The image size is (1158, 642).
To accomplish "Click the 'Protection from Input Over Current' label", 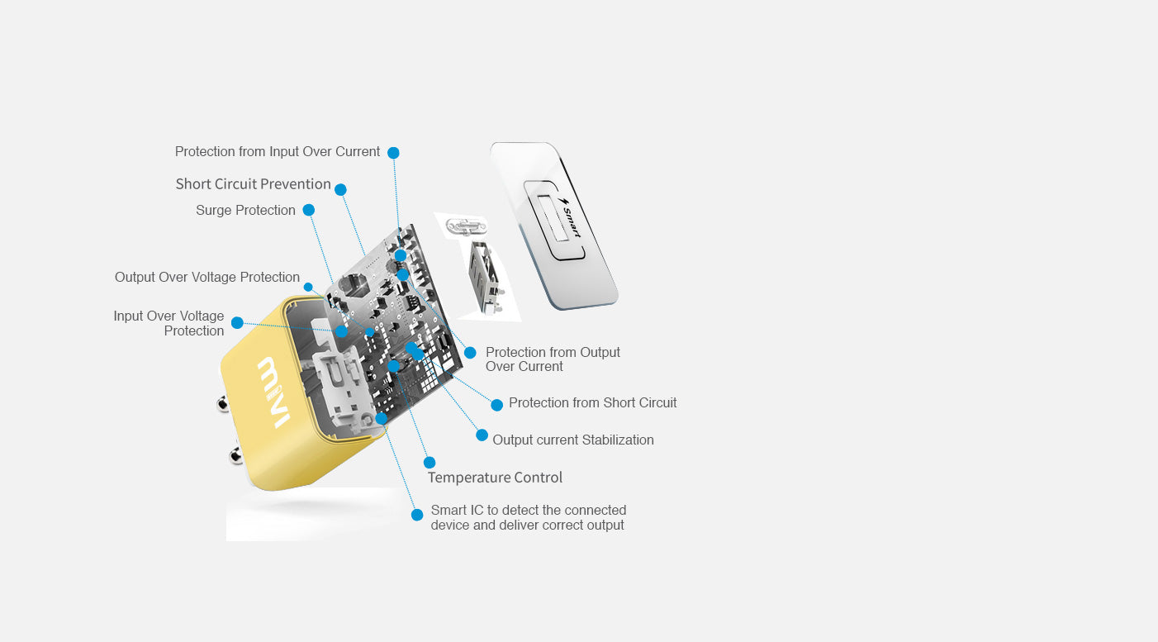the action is click(x=277, y=151).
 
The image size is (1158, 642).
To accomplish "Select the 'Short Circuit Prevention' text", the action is click(x=254, y=184).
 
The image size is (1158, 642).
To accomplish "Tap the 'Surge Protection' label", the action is click(x=245, y=210).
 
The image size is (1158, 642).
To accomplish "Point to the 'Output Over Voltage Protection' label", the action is click(x=206, y=277).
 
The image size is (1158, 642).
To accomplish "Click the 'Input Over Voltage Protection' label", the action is click(x=168, y=323).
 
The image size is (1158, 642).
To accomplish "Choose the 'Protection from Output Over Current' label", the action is click(x=553, y=359).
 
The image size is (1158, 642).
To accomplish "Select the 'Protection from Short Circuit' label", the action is click(x=592, y=402).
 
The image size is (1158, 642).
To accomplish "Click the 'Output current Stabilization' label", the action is click(x=572, y=440).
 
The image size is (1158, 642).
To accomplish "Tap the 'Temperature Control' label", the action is click(x=495, y=478).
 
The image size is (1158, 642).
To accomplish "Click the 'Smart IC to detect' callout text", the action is click(x=529, y=517).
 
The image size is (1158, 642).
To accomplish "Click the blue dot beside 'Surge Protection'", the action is click(x=309, y=210).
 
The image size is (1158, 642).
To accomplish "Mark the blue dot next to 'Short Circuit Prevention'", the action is click(x=340, y=190).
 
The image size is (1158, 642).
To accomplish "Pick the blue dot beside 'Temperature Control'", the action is click(x=429, y=463).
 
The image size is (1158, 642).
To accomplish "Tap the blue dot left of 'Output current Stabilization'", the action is click(x=482, y=435).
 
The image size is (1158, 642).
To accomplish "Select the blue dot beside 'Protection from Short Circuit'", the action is click(x=496, y=405).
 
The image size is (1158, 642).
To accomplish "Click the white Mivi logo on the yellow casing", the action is click(x=273, y=392).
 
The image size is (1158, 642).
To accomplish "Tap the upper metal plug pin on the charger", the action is click(x=223, y=403).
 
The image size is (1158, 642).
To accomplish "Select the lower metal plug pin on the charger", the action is click(x=235, y=456).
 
